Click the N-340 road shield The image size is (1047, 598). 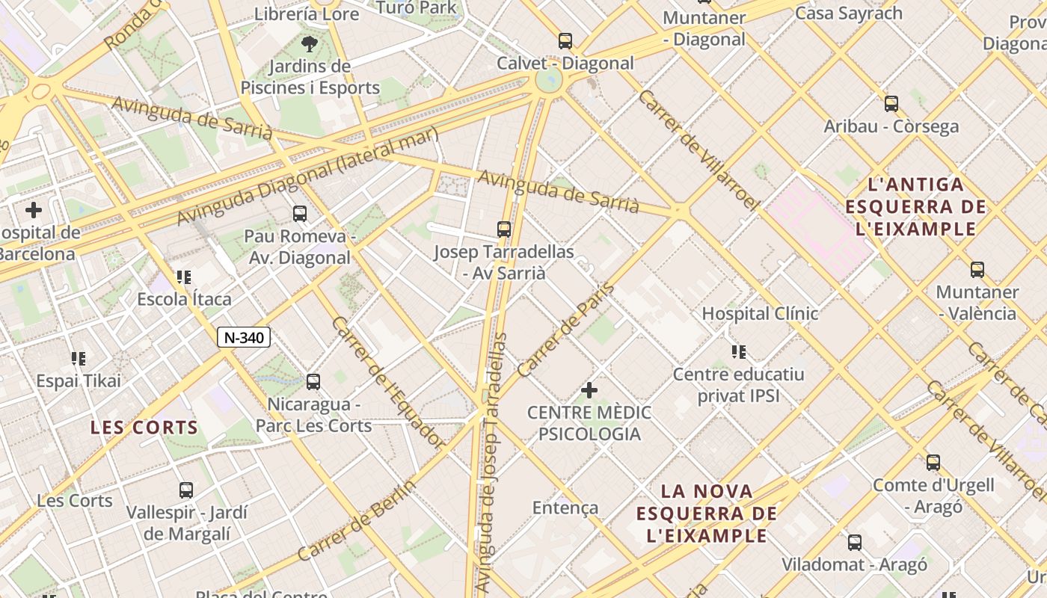click(244, 337)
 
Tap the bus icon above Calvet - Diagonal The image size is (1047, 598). click(565, 41)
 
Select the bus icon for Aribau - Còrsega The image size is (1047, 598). click(891, 104)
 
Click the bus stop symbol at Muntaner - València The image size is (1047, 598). click(977, 270)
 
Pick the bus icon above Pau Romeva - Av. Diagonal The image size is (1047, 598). click(300, 214)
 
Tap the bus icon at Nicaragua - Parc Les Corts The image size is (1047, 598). click(313, 382)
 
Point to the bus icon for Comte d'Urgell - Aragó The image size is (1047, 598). click(933, 463)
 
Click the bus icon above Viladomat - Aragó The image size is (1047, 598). click(854, 543)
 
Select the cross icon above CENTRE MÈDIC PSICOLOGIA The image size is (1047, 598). click(589, 390)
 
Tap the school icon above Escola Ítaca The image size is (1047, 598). click(184, 278)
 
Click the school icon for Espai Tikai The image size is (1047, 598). click(79, 359)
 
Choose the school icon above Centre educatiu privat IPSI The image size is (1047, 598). click(739, 351)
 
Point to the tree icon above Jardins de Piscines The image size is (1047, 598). click(309, 43)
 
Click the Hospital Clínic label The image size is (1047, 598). click(760, 313)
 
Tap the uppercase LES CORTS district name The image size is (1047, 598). click(144, 428)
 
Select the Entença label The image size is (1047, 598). click(565, 508)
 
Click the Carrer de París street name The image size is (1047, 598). click(565, 330)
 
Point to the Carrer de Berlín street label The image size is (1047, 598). click(356, 520)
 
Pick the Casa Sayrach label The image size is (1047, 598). click(849, 13)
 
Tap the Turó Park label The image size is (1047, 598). click(417, 7)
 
